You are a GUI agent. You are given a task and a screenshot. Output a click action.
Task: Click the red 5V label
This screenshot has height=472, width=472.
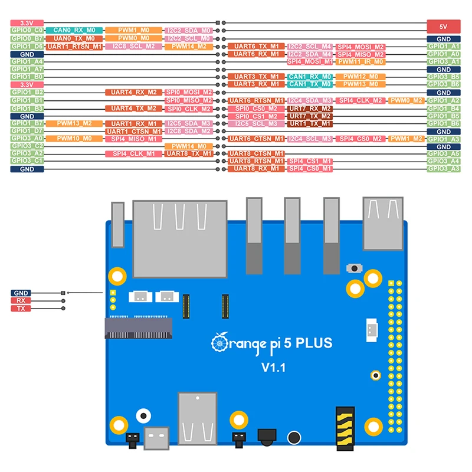coord(443,26)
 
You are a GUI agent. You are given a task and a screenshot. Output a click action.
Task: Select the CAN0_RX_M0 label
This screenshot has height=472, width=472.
coord(75,30)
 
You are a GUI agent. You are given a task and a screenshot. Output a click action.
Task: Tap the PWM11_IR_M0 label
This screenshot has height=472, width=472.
coord(361,61)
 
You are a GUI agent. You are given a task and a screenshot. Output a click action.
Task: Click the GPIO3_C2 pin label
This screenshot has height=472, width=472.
coord(27,146)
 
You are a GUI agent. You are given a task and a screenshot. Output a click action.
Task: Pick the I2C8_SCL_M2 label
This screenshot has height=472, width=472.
coord(135,46)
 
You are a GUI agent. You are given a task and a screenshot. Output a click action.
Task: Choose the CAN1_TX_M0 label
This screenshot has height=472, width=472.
coord(310,84)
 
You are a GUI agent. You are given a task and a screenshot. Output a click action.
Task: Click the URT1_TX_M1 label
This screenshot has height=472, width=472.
coord(310,124)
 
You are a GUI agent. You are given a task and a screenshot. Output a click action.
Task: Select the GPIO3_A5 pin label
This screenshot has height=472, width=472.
coord(443,153)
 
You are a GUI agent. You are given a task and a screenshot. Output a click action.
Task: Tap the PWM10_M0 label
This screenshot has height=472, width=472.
coord(75,138)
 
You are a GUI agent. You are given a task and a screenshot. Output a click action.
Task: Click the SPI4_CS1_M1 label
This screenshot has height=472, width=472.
coord(310,161)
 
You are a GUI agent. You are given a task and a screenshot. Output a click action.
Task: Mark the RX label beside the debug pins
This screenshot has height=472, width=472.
coord(21,300)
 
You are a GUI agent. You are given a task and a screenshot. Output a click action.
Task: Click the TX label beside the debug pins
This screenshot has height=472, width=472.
coord(21,308)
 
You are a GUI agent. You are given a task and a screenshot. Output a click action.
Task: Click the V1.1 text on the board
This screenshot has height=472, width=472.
coord(273,368)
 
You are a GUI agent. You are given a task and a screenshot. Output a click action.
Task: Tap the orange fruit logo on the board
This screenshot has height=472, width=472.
coord(219,342)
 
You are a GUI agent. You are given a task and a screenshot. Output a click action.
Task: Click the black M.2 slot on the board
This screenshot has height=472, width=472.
coord(138,327)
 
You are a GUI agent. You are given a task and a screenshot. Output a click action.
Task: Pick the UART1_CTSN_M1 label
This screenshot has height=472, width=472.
coord(134,131)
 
